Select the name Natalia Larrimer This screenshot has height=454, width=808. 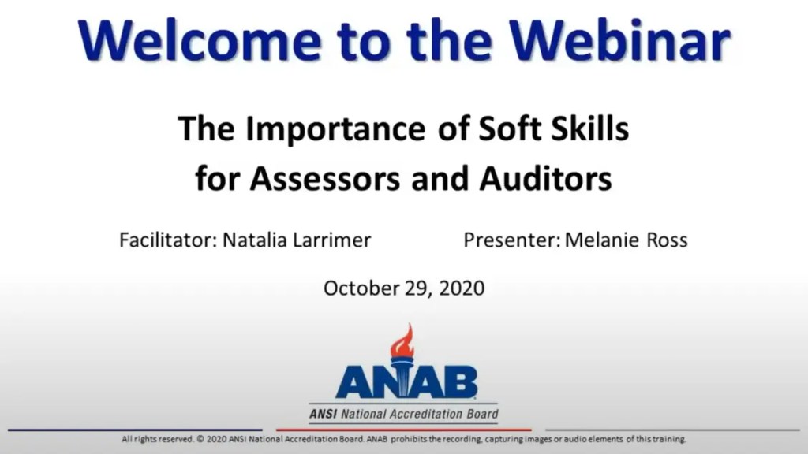(x=297, y=240)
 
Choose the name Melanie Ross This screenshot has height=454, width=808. (x=627, y=240)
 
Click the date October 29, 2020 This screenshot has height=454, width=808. (x=404, y=288)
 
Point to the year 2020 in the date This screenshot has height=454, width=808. (x=462, y=288)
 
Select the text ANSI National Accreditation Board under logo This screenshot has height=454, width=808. (x=404, y=414)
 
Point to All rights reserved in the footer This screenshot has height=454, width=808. (x=155, y=439)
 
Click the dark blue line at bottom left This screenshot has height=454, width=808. (x=134, y=430)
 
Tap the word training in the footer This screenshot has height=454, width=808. (x=669, y=439)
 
